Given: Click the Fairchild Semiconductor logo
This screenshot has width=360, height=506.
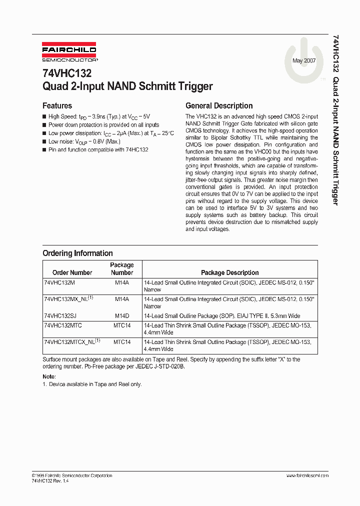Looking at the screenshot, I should pyautogui.click(x=69, y=53).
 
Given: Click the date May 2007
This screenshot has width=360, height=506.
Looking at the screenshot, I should pyautogui.click(x=304, y=60).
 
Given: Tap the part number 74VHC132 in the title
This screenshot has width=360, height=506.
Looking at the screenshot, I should pyautogui.click(x=67, y=73).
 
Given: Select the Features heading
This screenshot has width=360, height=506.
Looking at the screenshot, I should pyautogui.click(x=57, y=105).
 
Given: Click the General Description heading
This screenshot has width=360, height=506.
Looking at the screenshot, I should pyautogui.click(x=219, y=105).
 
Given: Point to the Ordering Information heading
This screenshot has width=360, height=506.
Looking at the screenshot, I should pyautogui.click(x=77, y=253).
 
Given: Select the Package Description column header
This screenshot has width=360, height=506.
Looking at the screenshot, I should pyautogui.click(x=229, y=272).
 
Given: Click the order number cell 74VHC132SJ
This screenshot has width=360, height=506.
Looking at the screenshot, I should pyautogui.click(x=60, y=316).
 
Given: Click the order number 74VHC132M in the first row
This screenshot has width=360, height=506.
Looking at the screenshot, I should pyautogui.click(x=59, y=283).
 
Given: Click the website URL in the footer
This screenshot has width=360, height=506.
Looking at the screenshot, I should pyautogui.click(x=307, y=475).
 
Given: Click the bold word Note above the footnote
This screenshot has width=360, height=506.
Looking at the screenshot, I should pyautogui.click(x=49, y=376).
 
